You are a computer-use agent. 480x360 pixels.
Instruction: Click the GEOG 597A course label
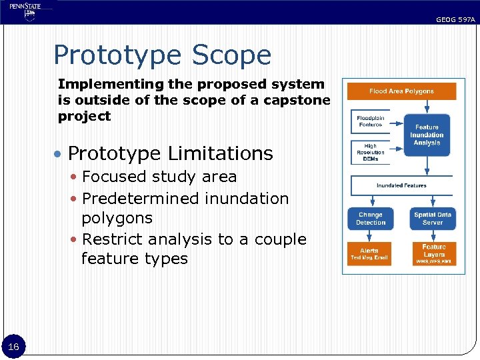[x=455, y=20]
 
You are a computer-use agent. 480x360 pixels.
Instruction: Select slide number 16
[x=13, y=346]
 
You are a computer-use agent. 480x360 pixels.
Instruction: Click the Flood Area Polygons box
[x=401, y=91]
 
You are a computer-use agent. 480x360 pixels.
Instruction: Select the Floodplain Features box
[x=370, y=121]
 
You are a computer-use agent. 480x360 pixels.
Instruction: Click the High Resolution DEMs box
[x=370, y=152]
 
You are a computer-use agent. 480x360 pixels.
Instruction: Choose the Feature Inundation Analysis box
[x=427, y=135]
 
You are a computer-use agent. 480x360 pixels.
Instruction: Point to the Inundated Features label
[x=401, y=185]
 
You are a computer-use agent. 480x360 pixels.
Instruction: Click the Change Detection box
[x=370, y=219]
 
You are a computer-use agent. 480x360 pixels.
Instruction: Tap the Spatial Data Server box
[x=433, y=219]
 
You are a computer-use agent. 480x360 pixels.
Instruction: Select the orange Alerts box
[x=369, y=254]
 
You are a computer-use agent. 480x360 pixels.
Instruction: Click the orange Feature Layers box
[x=433, y=254]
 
